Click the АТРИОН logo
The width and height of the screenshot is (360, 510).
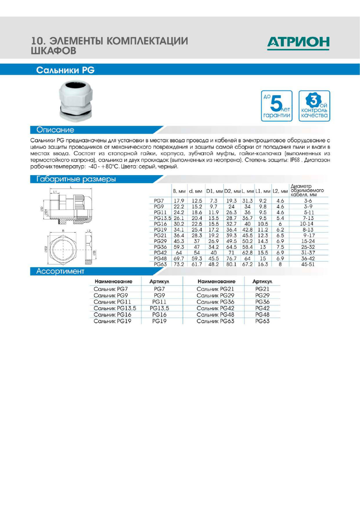[x=298, y=43]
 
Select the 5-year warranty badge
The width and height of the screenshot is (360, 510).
[x=277, y=106]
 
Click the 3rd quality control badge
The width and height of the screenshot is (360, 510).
[x=314, y=106]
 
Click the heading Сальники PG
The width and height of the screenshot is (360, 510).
[x=65, y=70]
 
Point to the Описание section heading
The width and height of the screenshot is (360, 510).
[x=55, y=130]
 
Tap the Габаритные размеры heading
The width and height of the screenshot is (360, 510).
[x=76, y=179]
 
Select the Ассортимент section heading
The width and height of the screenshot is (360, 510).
[x=60, y=271]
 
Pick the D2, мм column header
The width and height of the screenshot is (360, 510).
[x=232, y=191]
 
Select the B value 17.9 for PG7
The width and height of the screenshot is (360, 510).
[x=179, y=201]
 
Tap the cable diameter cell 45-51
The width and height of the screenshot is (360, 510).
[x=308, y=264]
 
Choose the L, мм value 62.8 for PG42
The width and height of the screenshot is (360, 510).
[x=247, y=253]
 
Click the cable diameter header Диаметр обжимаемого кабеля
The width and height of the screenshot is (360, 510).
[x=307, y=190]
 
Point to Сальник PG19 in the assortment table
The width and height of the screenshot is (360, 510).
[x=112, y=321]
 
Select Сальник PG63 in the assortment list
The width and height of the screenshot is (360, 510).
[x=215, y=321]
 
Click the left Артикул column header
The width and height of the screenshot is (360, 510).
[x=159, y=281]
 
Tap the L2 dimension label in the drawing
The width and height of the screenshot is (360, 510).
[x=89, y=231]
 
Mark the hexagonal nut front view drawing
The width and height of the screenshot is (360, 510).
[x=63, y=249]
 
